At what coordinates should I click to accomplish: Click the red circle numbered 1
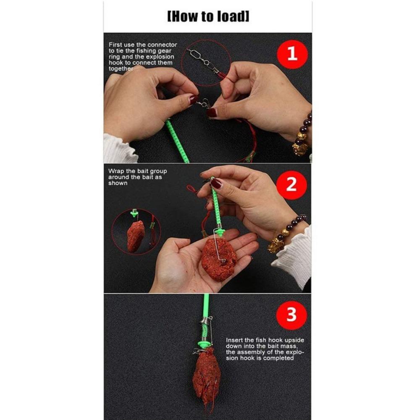coord(292,54)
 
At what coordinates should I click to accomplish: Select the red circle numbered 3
coord(291,315)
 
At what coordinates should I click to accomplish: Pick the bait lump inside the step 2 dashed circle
coord(136,236)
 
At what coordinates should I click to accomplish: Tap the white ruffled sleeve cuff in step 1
coord(118,148)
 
